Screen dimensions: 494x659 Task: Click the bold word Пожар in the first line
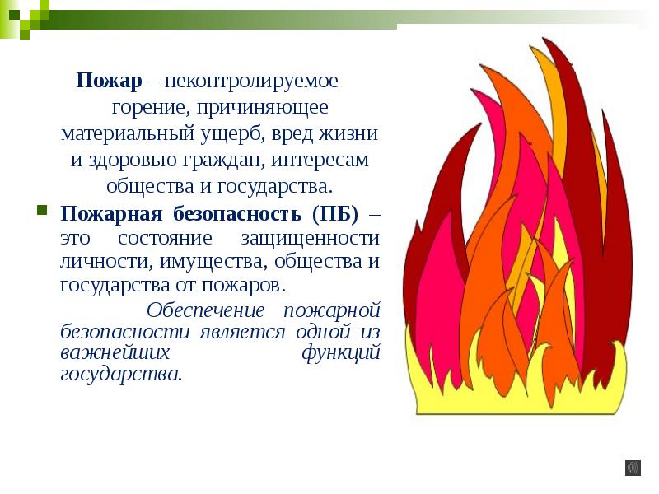tap(110, 82)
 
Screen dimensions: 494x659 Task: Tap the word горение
tap(151, 108)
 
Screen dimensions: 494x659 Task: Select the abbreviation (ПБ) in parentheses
tap(335, 213)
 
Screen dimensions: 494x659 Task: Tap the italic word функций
tap(340, 352)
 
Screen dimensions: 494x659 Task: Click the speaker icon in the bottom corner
tap(633, 468)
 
